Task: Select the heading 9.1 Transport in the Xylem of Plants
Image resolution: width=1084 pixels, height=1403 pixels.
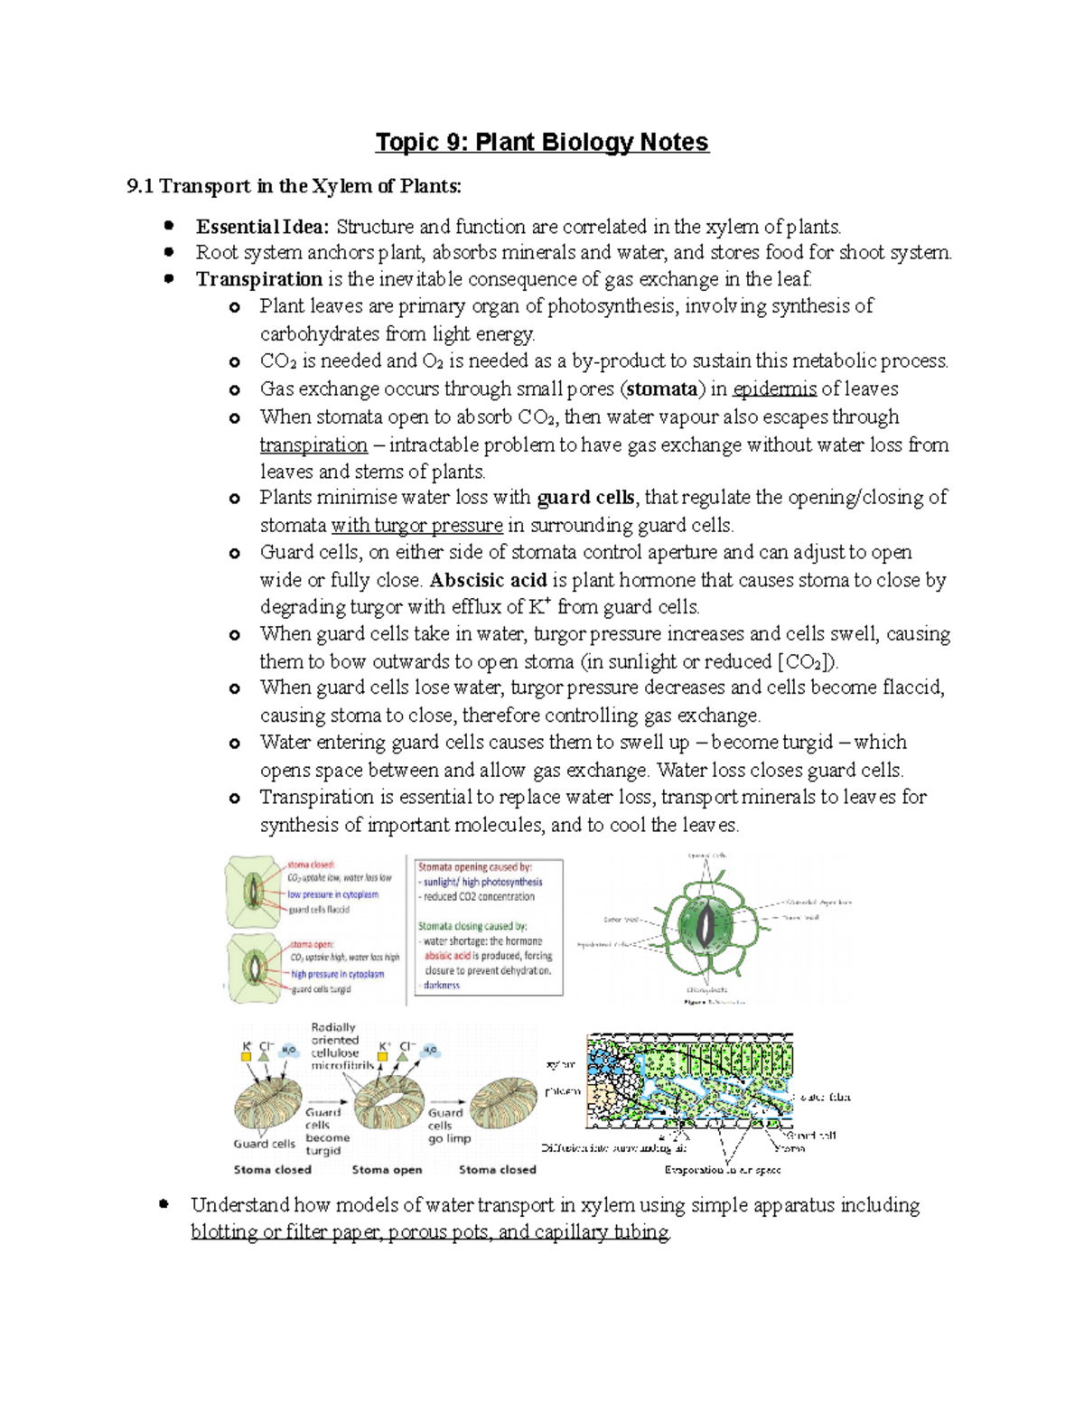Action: (294, 187)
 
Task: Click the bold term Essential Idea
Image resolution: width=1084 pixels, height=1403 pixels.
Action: (263, 227)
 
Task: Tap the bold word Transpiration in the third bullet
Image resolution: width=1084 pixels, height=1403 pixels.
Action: (258, 279)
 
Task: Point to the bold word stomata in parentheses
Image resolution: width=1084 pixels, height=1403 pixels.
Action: (662, 389)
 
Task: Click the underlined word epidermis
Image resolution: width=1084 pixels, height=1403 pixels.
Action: (774, 389)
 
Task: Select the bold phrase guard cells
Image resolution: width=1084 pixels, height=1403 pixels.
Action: (585, 498)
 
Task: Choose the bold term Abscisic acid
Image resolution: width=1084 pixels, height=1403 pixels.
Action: (488, 580)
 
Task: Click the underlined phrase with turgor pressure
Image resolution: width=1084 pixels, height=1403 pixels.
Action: (416, 526)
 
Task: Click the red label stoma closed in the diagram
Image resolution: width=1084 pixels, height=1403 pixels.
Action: (311, 865)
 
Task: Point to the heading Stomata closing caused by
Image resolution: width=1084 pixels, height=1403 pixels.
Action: (472, 926)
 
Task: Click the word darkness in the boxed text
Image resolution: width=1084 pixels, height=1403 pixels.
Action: (442, 986)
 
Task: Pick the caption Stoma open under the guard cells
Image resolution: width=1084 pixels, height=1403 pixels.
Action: (387, 1170)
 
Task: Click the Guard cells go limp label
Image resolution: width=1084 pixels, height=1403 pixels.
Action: (449, 1126)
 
